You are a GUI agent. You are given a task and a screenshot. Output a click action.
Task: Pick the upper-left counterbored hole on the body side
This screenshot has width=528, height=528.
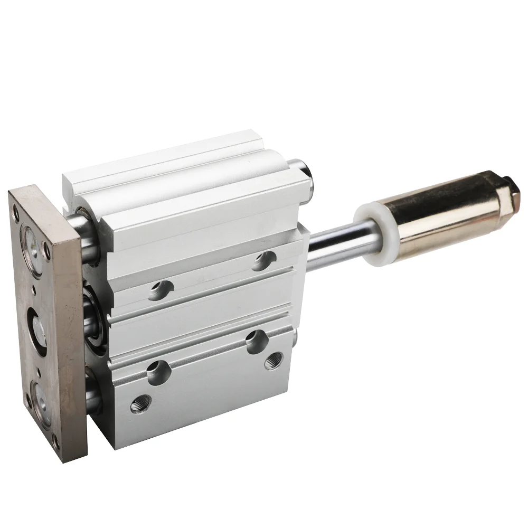pyautogui.click(x=161, y=290)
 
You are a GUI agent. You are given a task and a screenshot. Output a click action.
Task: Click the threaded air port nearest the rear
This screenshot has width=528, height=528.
pyautogui.click(x=273, y=361)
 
